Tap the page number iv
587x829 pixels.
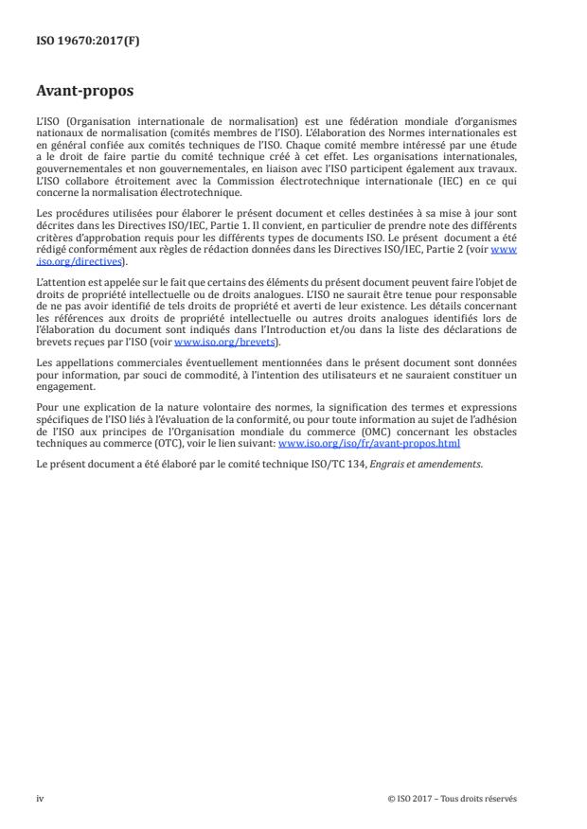click(x=40, y=798)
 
